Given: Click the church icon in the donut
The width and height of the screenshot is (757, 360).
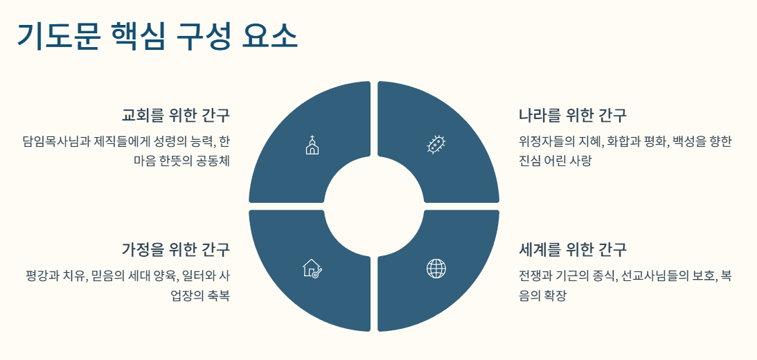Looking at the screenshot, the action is [312, 145].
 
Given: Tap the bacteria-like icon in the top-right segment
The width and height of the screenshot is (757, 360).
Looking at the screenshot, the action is [436, 145].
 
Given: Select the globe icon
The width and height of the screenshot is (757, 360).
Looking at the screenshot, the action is [436, 268].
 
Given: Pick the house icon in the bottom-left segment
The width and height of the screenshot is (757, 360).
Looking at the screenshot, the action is [312, 268].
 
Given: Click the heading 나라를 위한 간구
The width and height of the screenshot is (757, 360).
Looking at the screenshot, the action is [572, 115].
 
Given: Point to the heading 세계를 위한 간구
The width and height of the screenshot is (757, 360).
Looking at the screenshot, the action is [572, 249].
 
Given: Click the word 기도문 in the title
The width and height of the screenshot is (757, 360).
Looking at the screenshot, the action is [57, 36].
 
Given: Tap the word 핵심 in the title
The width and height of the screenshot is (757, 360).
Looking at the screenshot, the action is [137, 36].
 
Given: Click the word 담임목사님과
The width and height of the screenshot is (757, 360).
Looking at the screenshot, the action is [52, 142].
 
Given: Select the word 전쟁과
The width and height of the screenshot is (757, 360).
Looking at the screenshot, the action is [535, 276].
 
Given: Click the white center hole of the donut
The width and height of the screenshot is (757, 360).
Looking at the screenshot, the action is [374, 206].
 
